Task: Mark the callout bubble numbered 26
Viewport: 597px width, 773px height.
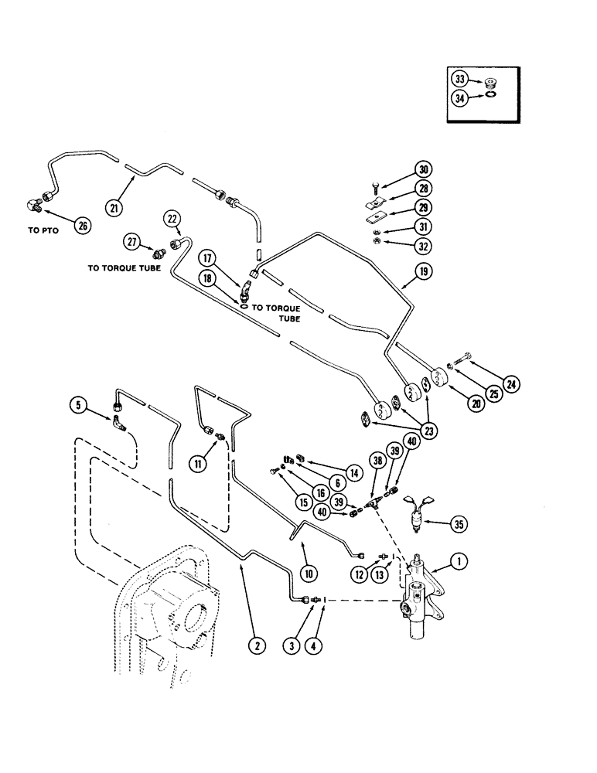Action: click(81, 225)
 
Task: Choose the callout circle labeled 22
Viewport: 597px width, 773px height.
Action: click(172, 219)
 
